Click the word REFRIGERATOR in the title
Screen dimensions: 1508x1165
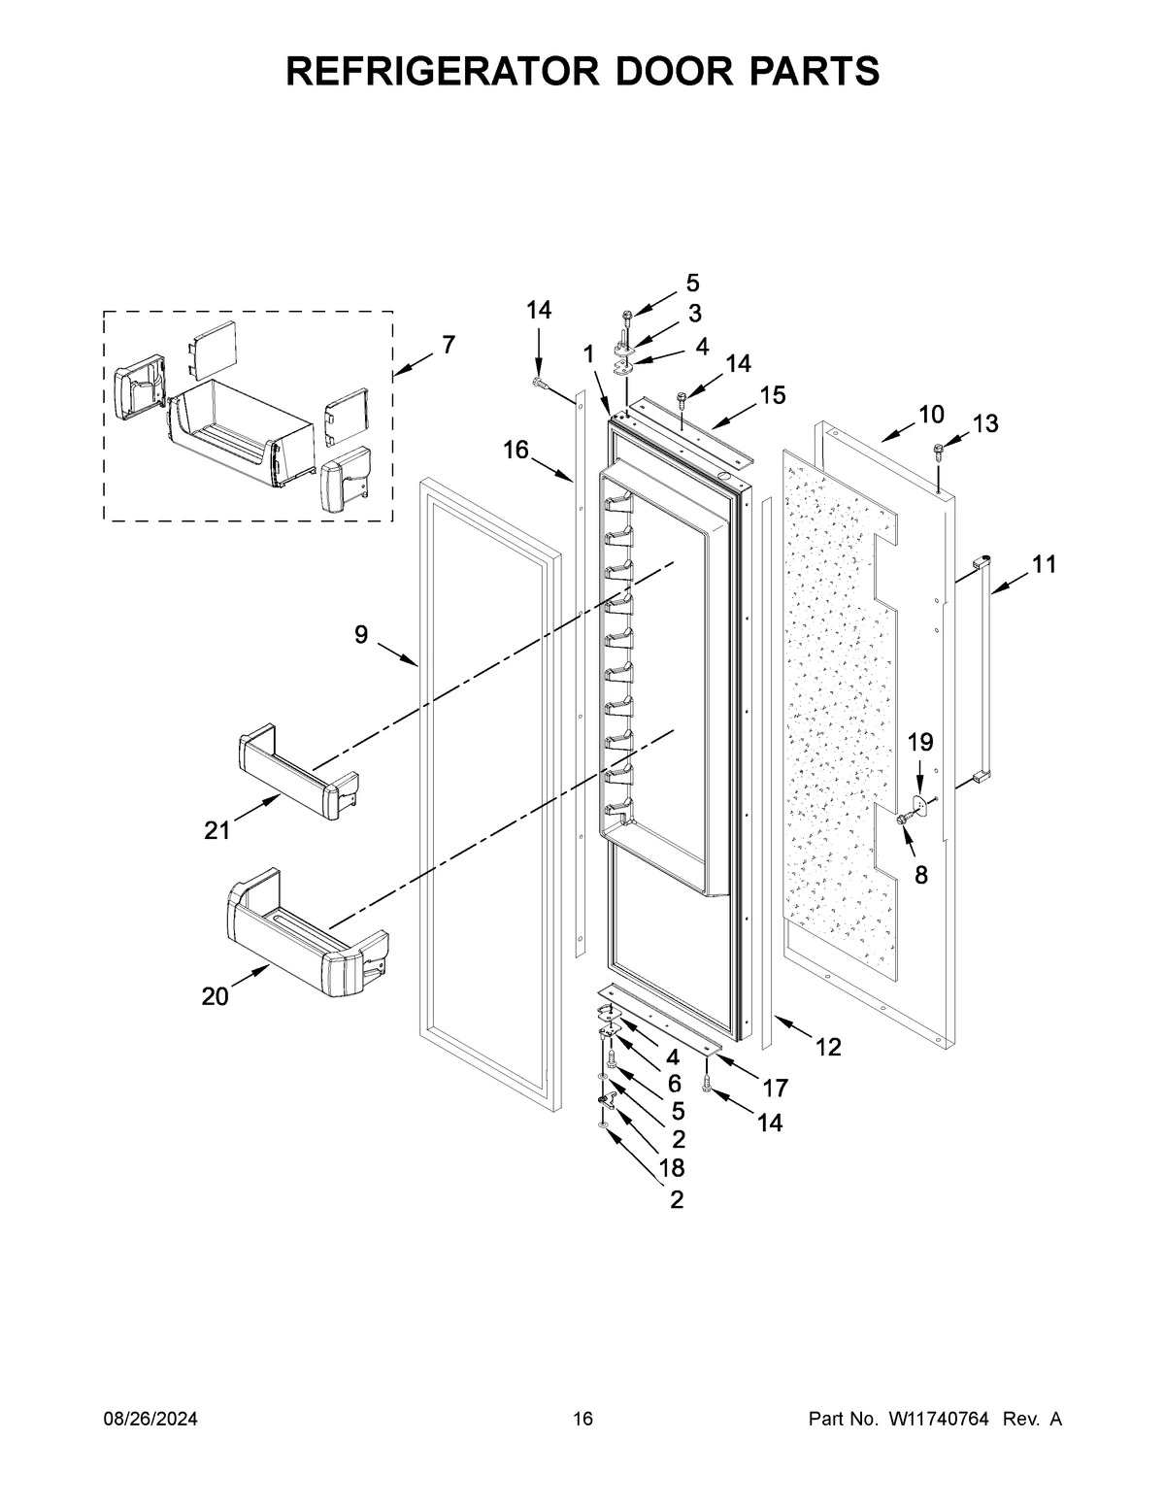(x=423, y=71)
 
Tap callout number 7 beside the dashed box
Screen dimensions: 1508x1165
(x=447, y=345)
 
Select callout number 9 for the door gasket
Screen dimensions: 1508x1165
(x=361, y=635)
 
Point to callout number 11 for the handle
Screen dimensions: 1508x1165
(x=1044, y=564)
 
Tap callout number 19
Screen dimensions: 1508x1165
(x=920, y=743)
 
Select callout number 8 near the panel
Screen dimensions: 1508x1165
(x=920, y=875)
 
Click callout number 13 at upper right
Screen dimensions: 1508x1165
(x=984, y=423)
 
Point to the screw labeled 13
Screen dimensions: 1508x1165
(x=940, y=449)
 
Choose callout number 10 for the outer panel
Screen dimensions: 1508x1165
(x=930, y=415)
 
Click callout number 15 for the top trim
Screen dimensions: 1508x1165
(x=773, y=395)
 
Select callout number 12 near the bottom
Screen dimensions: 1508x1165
(x=828, y=1047)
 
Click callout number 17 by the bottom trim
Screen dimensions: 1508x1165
(x=775, y=1088)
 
